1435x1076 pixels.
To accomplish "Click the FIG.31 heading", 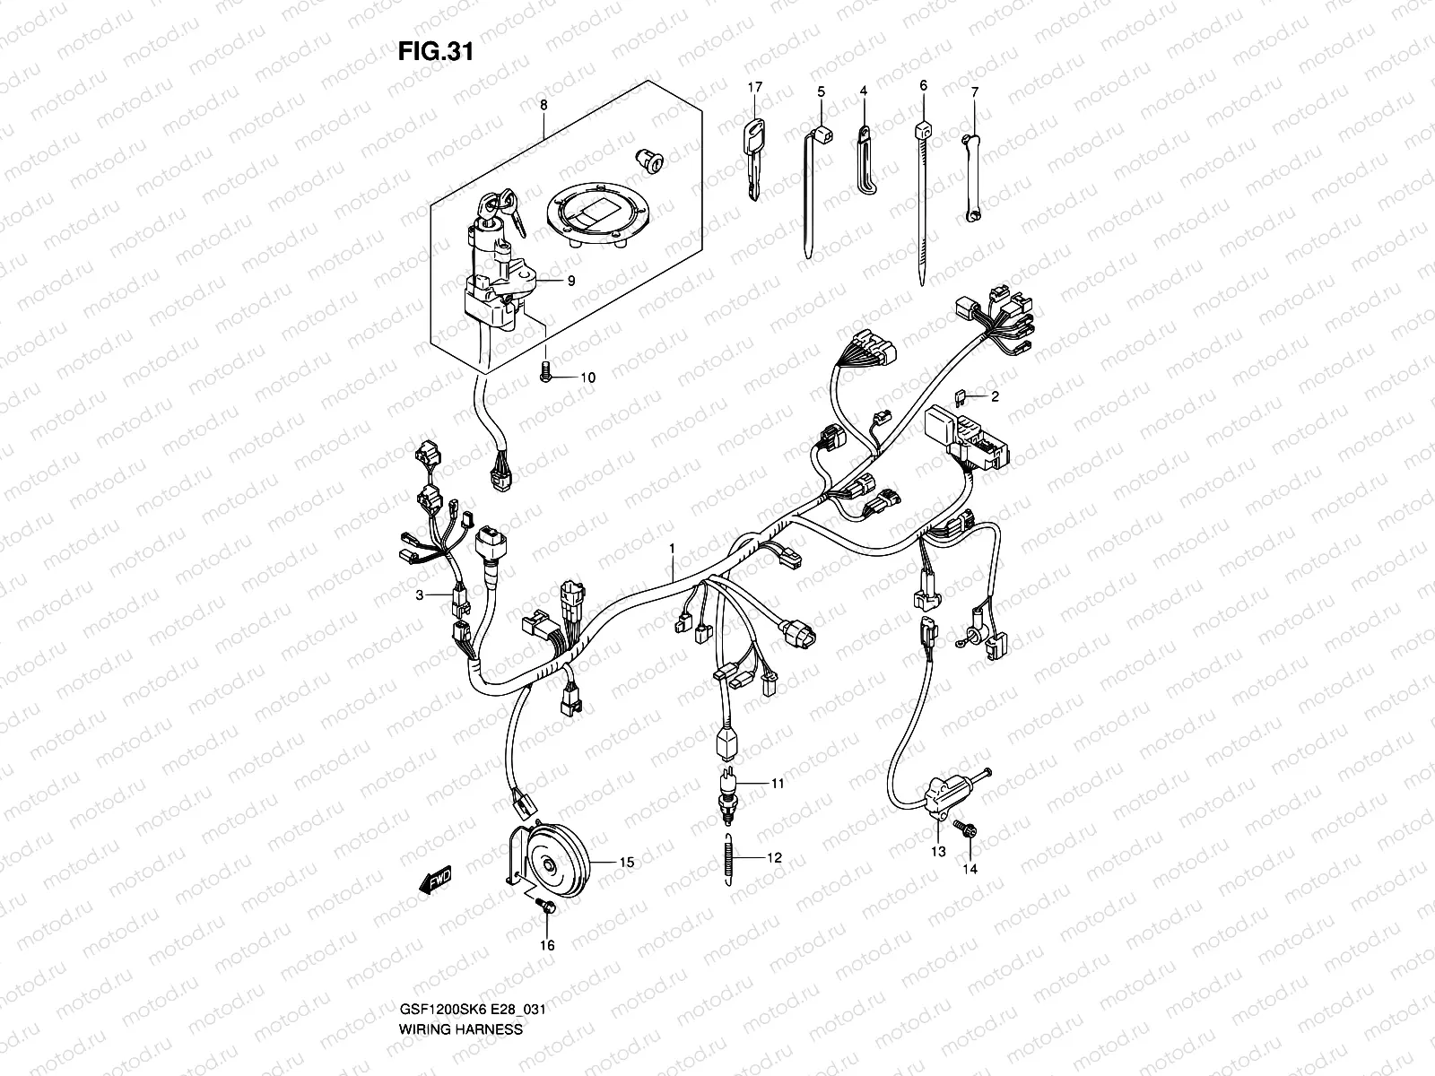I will click(435, 52).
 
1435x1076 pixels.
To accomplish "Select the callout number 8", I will click(543, 106).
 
